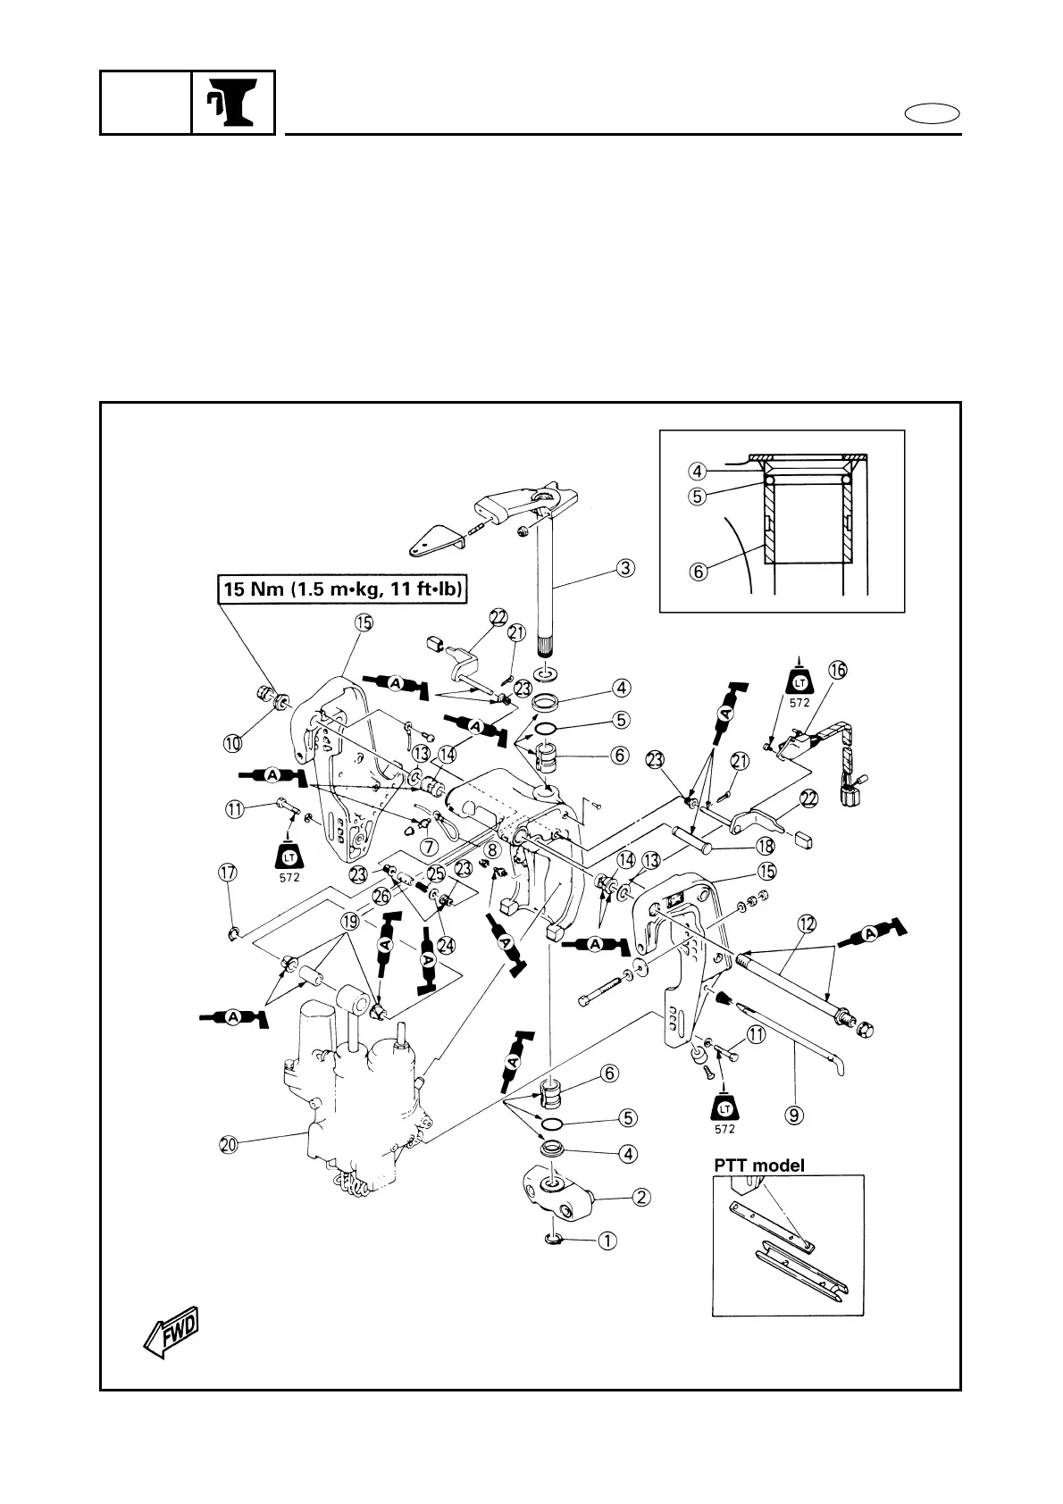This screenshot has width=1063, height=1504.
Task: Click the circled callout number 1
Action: pos(607,1240)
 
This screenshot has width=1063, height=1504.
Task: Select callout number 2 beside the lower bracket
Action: pos(641,1198)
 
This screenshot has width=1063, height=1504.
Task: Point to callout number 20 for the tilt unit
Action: pos(229,1142)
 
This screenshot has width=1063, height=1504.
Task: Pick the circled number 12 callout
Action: pos(807,924)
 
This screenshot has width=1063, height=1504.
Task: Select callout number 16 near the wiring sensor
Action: pos(837,670)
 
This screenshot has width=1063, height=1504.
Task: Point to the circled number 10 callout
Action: pos(232,742)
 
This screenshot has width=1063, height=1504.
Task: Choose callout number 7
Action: pos(429,845)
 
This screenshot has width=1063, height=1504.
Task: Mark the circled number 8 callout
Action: pos(491,851)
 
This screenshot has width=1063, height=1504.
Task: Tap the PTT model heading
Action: pos(758,1165)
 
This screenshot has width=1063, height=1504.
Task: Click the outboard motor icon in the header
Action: pos(233,103)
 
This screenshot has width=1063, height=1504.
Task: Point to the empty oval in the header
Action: pos(932,113)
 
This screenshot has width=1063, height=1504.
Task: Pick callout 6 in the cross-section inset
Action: pos(699,569)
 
